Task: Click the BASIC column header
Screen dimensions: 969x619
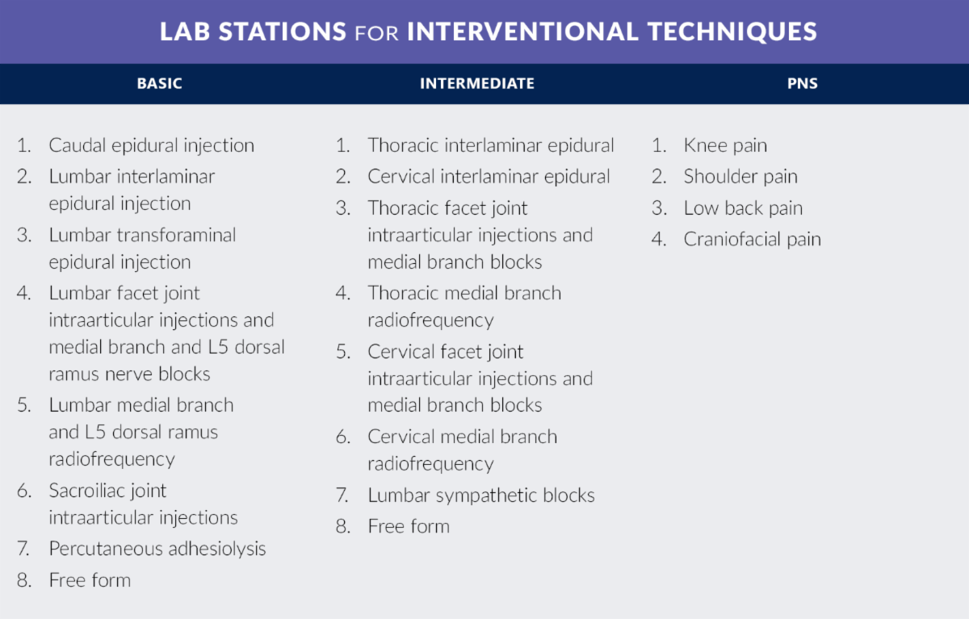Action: pos(159,83)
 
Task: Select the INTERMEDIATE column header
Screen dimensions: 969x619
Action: pos(477,83)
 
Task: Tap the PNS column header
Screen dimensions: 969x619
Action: pos(803,83)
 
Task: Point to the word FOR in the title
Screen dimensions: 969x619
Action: pos(376,33)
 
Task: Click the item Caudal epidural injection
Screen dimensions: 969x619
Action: pos(152,145)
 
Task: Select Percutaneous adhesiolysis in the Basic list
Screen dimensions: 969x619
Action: pos(157,549)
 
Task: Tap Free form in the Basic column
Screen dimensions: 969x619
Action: pos(90,579)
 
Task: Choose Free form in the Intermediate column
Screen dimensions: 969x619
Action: pos(409,526)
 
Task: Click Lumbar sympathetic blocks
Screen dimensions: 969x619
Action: pos(481,495)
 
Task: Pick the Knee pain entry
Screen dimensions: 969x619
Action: pos(725,145)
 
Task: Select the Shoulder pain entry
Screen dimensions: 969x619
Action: pos(740,177)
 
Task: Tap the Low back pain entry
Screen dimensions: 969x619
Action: pos(743,208)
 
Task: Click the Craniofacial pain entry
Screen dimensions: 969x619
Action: pos(753,239)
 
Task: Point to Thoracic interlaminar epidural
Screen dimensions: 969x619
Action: pos(491,145)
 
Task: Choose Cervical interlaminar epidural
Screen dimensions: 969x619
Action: pos(489,177)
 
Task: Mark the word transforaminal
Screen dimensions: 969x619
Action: pos(177,235)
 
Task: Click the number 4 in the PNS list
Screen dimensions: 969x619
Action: pos(658,239)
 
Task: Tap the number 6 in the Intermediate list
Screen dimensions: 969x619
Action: pos(342,437)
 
